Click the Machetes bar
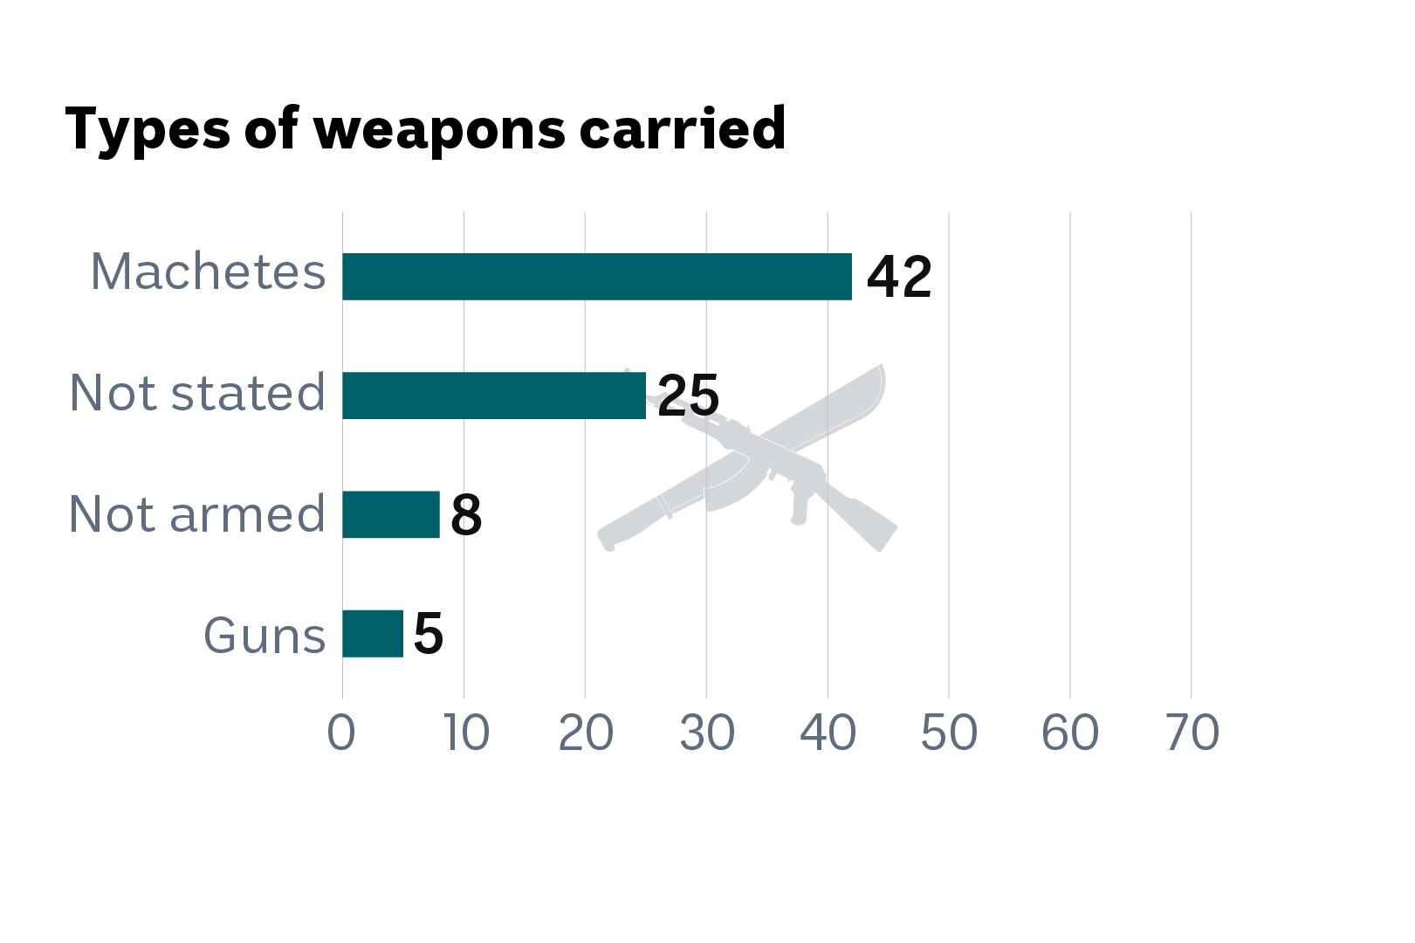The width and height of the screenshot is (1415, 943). click(x=596, y=277)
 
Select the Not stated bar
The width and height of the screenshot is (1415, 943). click(x=493, y=396)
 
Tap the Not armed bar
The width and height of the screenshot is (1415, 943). click(x=390, y=515)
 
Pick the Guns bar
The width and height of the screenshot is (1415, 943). click(x=372, y=634)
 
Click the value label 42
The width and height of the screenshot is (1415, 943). click(x=899, y=278)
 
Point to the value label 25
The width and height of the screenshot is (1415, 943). click(x=688, y=396)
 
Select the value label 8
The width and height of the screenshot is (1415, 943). click(x=466, y=515)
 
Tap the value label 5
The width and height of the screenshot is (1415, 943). click(x=429, y=634)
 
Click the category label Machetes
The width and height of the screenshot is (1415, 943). click(x=208, y=272)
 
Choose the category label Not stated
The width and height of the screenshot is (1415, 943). click(x=197, y=393)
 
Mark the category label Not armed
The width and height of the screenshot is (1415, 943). click(x=197, y=513)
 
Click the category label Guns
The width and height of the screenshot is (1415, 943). click(x=264, y=635)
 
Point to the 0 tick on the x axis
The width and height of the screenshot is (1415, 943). click(x=341, y=733)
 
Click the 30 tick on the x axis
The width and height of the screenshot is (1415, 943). click(x=706, y=733)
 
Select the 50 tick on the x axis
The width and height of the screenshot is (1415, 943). click(x=949, y=733)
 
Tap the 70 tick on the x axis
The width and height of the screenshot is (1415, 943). click(x=1192, y=733)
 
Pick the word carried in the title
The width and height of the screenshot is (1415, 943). click(x=682, y=128)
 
